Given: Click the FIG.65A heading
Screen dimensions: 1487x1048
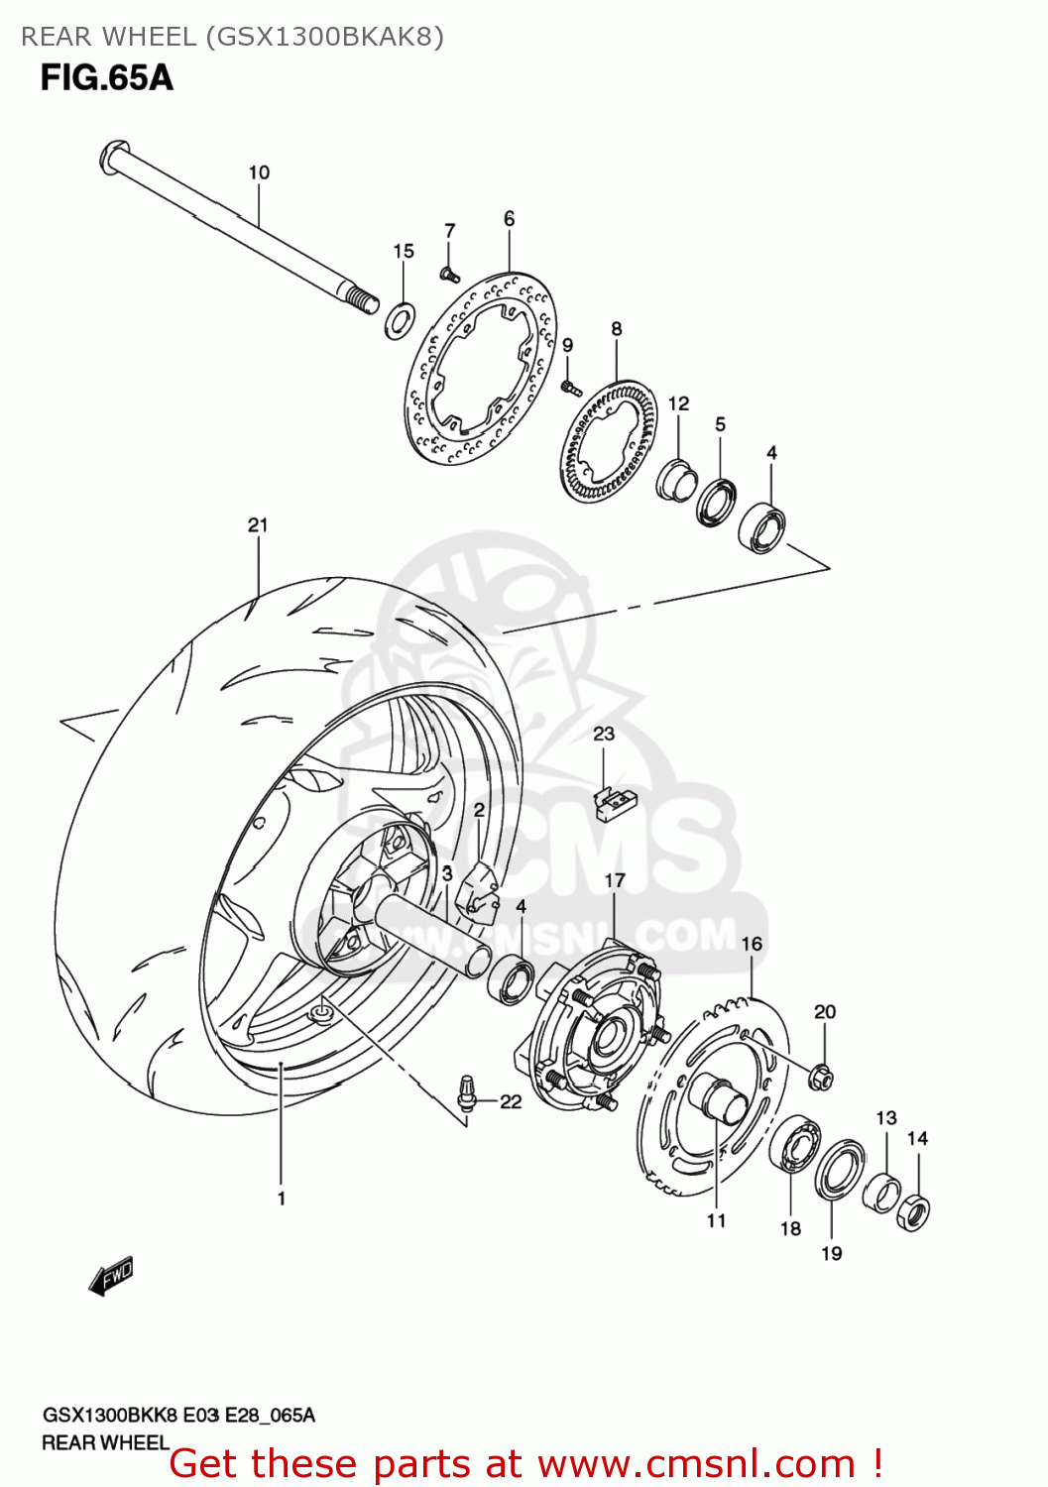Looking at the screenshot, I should pyautogui.click(x=106, y=77).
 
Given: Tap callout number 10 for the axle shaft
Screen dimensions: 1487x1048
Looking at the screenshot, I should pyautogui.click(x=259, y=172).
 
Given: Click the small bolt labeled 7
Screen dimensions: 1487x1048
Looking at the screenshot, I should pyautogui.click(x=449, y=274).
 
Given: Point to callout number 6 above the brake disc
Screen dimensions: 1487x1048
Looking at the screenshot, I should pyautogui.click(x=509, y=219).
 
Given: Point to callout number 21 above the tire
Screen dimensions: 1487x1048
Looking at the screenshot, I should pyautogui.click(x=258, y=525).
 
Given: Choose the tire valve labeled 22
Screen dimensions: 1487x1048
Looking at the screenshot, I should pyautogui.click(x=466, y=1093).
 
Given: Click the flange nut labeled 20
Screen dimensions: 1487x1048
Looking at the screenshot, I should pyautogui.click(x=820, y=1075).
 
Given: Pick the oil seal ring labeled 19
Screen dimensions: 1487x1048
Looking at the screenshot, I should pyautogui.click(x=839, y=1170).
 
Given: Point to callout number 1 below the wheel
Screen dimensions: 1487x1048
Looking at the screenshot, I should pyautogui.click(x=282, y=1199).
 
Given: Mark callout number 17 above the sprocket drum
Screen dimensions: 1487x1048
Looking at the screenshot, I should pyautogui.click(x=615, y=880).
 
